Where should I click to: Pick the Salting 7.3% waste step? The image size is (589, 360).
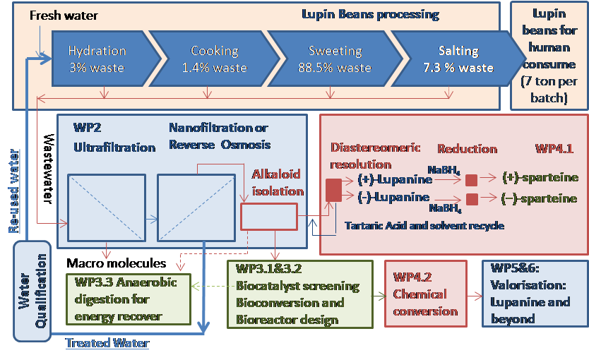[458, 59]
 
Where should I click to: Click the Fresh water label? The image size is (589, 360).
[64, 15]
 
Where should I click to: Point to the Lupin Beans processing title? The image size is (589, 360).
[370, 14]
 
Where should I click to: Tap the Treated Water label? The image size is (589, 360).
[107, 344]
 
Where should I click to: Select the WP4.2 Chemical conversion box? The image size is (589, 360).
[425, 294]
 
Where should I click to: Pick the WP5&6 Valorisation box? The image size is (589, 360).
[534, 294]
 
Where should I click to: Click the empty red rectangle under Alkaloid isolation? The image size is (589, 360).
[268, 217]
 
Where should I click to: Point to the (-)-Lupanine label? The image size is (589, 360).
[394, 196]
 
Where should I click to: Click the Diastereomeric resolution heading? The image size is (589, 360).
[376, 155]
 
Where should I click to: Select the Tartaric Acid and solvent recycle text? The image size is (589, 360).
[424, 225]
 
